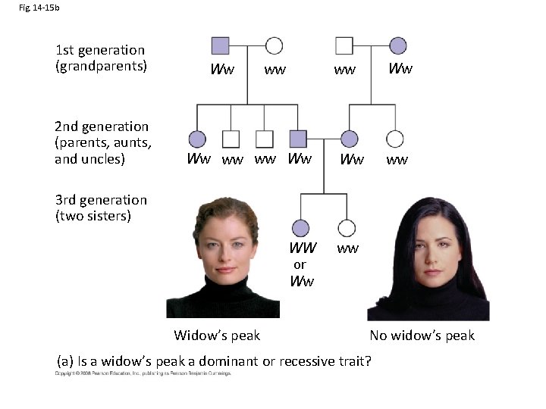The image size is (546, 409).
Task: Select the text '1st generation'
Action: [99, 50]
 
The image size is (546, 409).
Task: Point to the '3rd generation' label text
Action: [101, 200]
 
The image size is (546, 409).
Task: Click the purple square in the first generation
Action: [220, 45]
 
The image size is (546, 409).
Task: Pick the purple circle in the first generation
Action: [397, 45]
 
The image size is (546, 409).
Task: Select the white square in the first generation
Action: [345, 45]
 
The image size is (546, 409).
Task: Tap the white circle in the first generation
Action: [274, 45]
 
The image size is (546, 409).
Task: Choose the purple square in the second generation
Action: [299, 139]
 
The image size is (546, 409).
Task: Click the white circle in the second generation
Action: [394, 139]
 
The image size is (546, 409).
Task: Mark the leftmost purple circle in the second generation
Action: [197, 139]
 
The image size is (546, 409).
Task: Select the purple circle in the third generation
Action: [300, 227]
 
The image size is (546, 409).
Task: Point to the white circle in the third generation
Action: [347, 227]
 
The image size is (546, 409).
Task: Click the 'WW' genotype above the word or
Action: [303, 248]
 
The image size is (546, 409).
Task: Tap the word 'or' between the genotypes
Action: [300, 264]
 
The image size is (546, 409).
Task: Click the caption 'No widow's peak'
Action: [422, 336]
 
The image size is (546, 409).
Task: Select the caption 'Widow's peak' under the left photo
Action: [217, 336]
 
